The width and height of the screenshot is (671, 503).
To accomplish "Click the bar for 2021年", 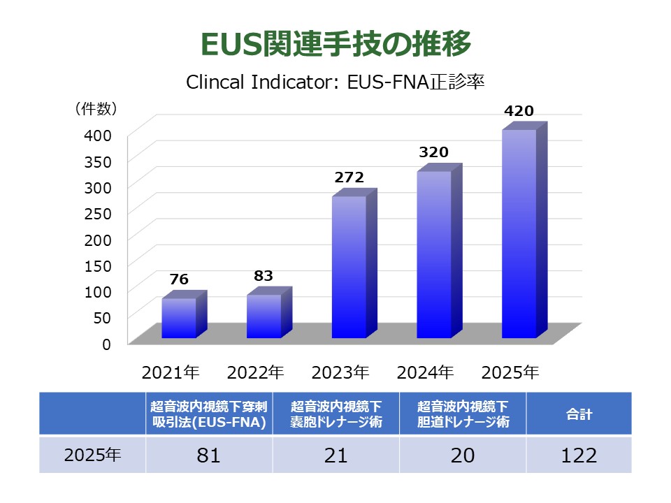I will pyautogui.click(x=179, y=318).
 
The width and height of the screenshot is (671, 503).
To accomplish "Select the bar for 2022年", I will pyautogui.click(x=264, y=316).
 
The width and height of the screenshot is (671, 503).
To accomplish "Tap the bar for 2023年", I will pyautogui.click(x=349, y=267).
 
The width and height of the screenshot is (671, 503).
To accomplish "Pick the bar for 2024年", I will pyautogui.click(x=434, y=254).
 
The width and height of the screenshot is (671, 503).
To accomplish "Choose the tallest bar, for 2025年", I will pyautogui.click(x=519, y=233).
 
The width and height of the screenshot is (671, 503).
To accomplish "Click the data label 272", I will pyautogui.click(x=349, y=177).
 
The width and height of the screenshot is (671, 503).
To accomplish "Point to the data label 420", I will pyautogui.click(x=519, y=110).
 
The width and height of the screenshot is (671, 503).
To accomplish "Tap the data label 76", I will pyautogui.click(x=179, y=279).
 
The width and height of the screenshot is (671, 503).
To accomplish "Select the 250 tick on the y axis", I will pyautogui.click(x=98, y=212).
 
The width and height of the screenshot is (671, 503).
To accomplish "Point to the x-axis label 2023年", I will pyautogui.click(x=340, y=372).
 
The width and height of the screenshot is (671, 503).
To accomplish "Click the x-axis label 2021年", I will pyautogui.click(x=171, y=372).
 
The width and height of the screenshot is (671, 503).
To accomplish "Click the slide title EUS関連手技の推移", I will pyautogui.click(x=335, y=43).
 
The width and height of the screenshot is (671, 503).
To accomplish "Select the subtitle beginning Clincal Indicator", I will pyautogui.click(x=335, y=81).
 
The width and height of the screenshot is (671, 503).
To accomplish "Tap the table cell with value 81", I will pyautogui.click(x=208, y=455).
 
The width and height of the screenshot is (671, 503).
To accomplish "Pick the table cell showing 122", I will pyautogui.click(x=579, y=455).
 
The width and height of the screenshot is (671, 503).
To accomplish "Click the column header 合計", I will pyautogui.click(x=579, y=414).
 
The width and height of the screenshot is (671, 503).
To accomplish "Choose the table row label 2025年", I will pyautogui.click(x=92, y=455).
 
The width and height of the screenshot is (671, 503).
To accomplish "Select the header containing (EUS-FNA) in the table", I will pyautogui.click(x=209, y=414).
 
